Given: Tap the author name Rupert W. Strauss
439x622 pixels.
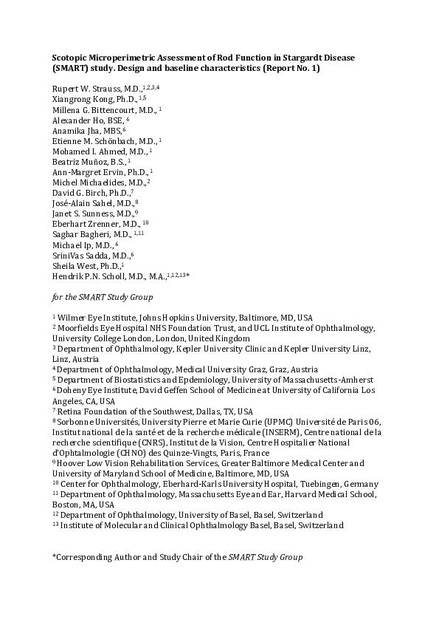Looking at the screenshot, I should tap(82, 89).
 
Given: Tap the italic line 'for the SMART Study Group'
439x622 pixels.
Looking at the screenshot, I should tap(102, 297).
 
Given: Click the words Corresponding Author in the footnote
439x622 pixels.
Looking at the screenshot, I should tap(94, 556).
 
